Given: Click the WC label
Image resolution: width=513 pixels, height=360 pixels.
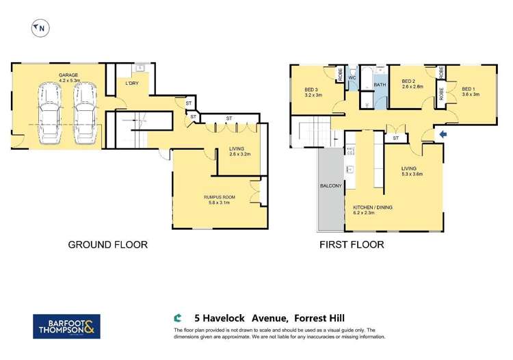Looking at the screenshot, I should tap(352, 78).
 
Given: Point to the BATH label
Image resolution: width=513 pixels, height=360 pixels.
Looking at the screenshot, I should tap(380, 85).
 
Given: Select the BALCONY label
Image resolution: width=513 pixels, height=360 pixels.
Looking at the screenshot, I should tap(331, 186).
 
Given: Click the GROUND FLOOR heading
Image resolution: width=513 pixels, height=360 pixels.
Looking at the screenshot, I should tap(107, 244).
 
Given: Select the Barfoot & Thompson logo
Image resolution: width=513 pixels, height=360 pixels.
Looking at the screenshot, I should tap(66, 326).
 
